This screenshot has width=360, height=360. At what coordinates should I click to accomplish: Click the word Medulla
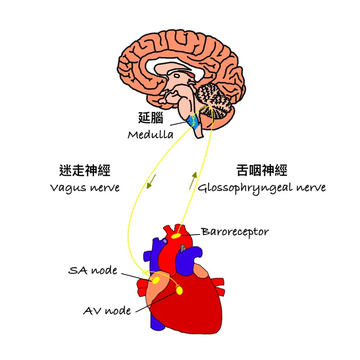[x=151, y=135]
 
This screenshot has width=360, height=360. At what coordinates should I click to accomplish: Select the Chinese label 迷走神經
[x=84, y=170]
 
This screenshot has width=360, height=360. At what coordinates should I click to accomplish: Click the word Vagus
[x=67, y=188]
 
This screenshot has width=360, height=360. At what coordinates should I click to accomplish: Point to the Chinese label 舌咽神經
[x=261, y=170]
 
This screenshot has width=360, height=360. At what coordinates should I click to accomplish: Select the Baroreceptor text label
[x=234, y=232]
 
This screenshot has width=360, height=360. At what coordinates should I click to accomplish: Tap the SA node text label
[x=93, y=270]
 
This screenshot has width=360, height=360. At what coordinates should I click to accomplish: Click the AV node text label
[x=107, y=310]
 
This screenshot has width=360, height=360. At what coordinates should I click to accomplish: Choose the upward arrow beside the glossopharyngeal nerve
[x=194, y=180]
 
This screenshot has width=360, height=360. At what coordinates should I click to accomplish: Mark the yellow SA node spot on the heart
[x=156, y=281]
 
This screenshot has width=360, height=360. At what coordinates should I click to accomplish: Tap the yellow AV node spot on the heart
[x=180, y=290]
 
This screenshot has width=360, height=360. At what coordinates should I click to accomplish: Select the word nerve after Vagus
[x=103, y=188]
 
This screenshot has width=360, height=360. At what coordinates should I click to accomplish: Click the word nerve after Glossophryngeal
[x=309, y=188]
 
